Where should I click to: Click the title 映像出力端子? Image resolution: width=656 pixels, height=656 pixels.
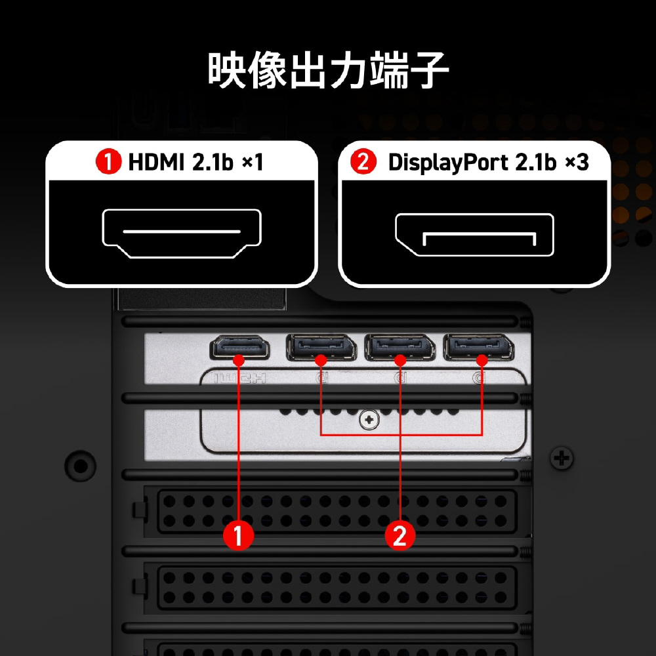(x=329, y=70)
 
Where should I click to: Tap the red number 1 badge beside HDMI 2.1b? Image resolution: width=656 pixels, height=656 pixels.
(x=108, y=162)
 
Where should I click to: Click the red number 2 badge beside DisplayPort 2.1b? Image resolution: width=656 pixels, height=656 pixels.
(x=363, y=162)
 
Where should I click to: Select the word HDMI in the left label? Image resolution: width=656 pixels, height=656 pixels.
(x=156, y=162)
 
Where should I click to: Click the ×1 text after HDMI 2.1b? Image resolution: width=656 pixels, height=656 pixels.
(x=253, y=162)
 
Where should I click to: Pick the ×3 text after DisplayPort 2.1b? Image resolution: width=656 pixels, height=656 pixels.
(x=577, y=162)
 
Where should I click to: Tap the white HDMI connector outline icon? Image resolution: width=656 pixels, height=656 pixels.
(x=182, y=234)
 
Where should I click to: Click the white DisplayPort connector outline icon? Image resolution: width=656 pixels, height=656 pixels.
(x=474, y=235)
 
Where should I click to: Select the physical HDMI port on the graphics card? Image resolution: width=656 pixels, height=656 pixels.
(x=239, y=347)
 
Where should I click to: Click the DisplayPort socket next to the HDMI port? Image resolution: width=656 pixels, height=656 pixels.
(x=321, y=347)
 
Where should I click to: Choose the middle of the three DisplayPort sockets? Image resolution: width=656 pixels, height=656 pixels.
(x=400, y=347)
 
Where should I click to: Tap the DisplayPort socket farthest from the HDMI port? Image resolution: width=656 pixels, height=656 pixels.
(x=479, y=347)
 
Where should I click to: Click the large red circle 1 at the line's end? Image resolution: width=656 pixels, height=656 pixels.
(x=238, y=535)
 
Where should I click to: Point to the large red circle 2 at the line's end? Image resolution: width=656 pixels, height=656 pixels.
(x=400, y=535)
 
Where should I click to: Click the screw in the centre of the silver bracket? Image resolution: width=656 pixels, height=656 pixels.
(x=369, y=420)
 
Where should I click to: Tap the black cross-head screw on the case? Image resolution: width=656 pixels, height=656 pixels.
(x=562, y=459)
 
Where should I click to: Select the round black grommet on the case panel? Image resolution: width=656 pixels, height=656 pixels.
(x=80, y=466)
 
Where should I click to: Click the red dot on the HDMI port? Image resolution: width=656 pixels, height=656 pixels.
(x=239, y=359)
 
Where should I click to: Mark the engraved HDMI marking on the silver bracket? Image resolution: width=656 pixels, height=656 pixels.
(x=239, y=379)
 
